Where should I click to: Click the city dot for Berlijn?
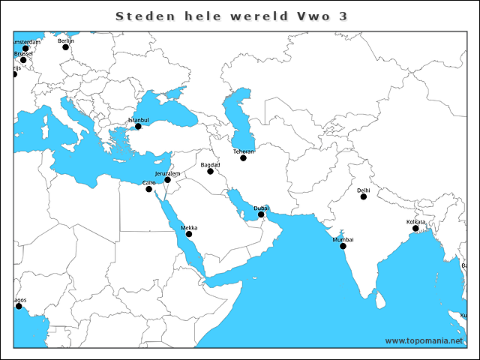tap(65, 47)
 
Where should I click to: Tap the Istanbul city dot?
tap(138, 127)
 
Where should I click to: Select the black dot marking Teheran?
tap(243, 158)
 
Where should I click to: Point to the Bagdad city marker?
tap(211, 172)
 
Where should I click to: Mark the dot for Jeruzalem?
tap(168, 180)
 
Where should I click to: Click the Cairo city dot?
tap(148, 189)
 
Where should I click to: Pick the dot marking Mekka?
tap(189, 235)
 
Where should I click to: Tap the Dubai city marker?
tap(261, 215)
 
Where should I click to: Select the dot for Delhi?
tap(363, 197)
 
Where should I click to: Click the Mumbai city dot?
tap(343, 246)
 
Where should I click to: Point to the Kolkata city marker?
tap(415, 229)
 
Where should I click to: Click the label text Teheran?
tap(244, 151)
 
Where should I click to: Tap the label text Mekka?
tap(189, 227)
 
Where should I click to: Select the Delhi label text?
tap(364, 190)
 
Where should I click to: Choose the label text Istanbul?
tap(139, 120)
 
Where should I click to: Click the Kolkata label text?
tap(415, 222)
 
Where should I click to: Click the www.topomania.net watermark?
tap(424, 340)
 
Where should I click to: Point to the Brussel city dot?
tap(22, 60)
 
